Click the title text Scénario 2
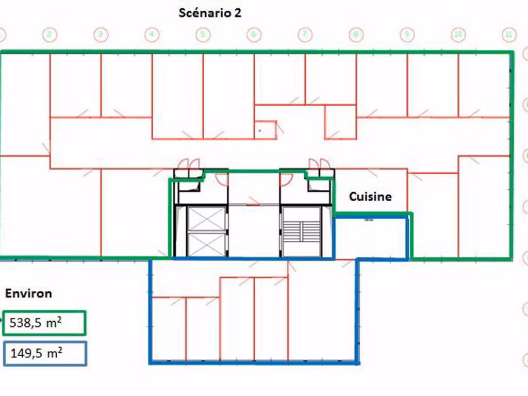click(210, 13)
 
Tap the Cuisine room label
click(370, 196)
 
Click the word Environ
click(28, 294)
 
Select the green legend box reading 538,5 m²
click(44, 323)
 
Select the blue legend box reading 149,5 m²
click(44, 354)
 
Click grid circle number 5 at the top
click(203, 35)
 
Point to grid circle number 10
click(458, 35)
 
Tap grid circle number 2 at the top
click(50, 35)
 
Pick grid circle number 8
click(356, 35)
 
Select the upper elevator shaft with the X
click(206, 220)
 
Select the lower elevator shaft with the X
click(206, 244)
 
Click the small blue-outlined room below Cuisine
click(371, 238)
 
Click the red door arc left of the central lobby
click(222, 179)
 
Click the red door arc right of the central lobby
click(286, 179)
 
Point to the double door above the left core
click(189, 164)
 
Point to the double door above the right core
click(319, 164)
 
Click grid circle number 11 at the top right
click(509, 35)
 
